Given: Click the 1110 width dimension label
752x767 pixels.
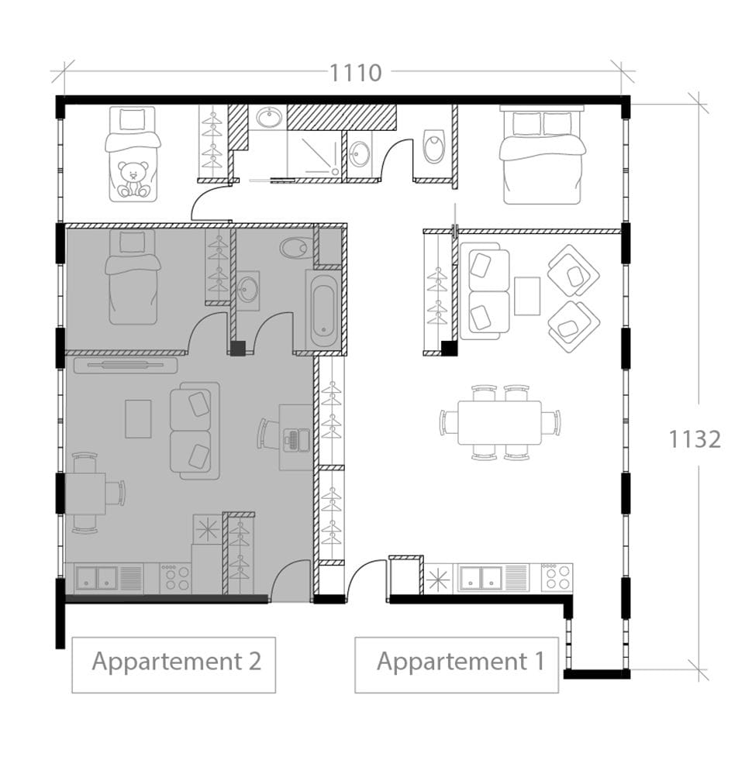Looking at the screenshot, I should (x=356, y=73).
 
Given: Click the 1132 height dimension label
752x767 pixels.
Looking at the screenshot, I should (x=695, y=439).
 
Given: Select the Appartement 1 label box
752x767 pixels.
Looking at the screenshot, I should (x=457, y=664).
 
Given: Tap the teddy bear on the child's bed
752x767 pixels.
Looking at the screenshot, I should (x=133, y=179).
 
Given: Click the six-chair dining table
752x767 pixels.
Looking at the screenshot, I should (x=499, y=423).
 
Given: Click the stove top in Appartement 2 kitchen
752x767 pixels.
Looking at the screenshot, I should (x=175, y=578).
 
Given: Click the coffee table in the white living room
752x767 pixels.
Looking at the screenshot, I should (x=527, y=296).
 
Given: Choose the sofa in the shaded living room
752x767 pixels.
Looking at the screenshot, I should (x=195, y=431).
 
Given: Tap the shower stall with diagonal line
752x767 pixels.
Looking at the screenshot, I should (x=314, y=153).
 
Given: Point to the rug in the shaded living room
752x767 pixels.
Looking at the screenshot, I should (x=138, y=418).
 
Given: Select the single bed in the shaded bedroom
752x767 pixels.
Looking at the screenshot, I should (x=133, y=277).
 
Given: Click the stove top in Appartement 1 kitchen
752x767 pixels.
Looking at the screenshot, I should (x=557, y=578).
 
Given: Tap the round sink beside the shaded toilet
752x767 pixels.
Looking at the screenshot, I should (x=248, y=291).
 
